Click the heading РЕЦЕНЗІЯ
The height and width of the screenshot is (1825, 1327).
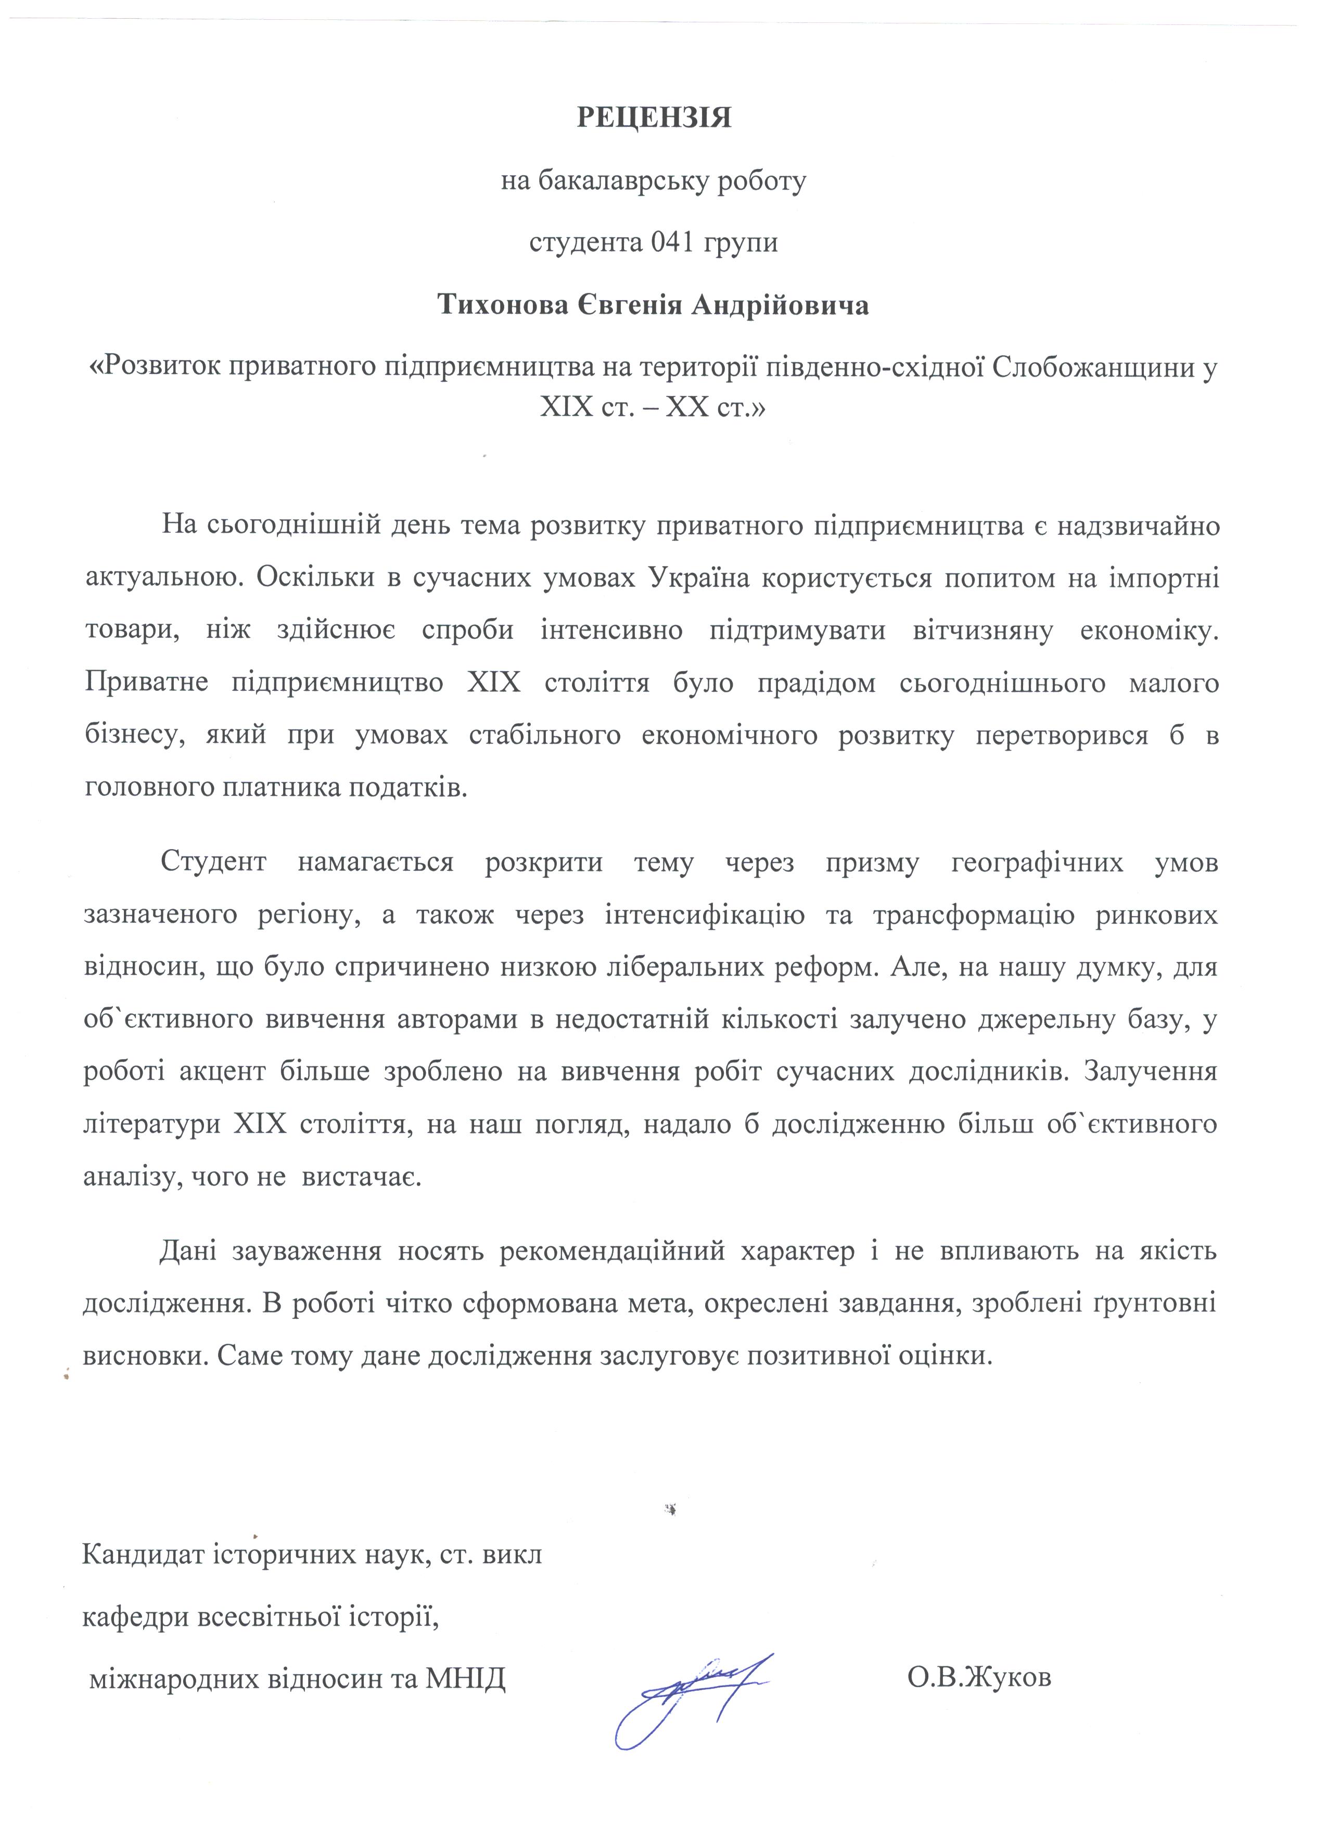tap(654, 118)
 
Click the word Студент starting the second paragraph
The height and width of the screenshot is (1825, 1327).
tap(213, 863)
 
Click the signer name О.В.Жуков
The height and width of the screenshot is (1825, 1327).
tap(978, 1678)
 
